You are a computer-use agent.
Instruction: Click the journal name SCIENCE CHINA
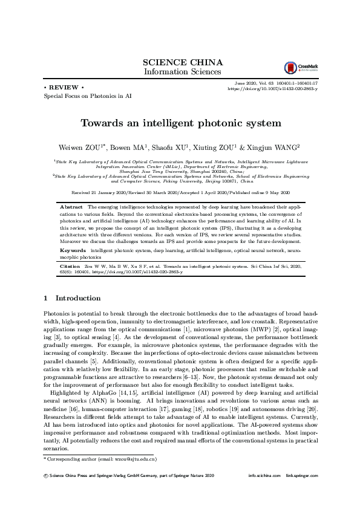pyautogui.click(x=182, y=62)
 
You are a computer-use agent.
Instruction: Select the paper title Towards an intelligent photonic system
pyautogui.click(x=181, y=123)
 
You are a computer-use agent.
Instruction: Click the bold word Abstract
pyautogui.click(x=71, y=207)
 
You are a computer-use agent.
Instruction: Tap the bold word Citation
pyautogui.click(x=70, y=266)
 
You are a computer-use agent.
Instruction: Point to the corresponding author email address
pyautogui.click(x=126, y=459)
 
